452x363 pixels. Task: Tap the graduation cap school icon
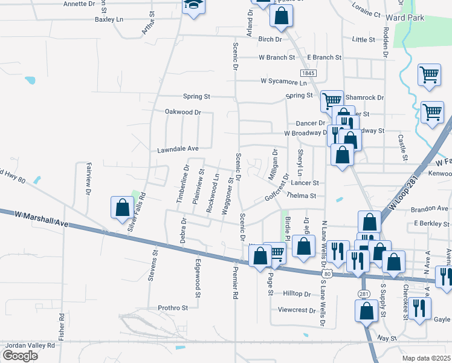[195, 5]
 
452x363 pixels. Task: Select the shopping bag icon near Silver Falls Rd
[123, 207]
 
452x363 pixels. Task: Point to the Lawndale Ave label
[178, 149]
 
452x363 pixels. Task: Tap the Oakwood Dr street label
[182, 112]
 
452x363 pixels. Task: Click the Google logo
[20, 356]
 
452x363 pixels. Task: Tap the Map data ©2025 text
[425, 358]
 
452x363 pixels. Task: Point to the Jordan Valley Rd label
[30, 345]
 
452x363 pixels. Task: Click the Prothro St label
[173, 307]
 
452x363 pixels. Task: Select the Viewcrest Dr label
[293, 310]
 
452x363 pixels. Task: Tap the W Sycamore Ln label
[284, 80]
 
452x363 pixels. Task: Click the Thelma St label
[302, 195]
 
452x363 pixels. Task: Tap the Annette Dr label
[79, 4]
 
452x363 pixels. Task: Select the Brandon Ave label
[429, 209]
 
